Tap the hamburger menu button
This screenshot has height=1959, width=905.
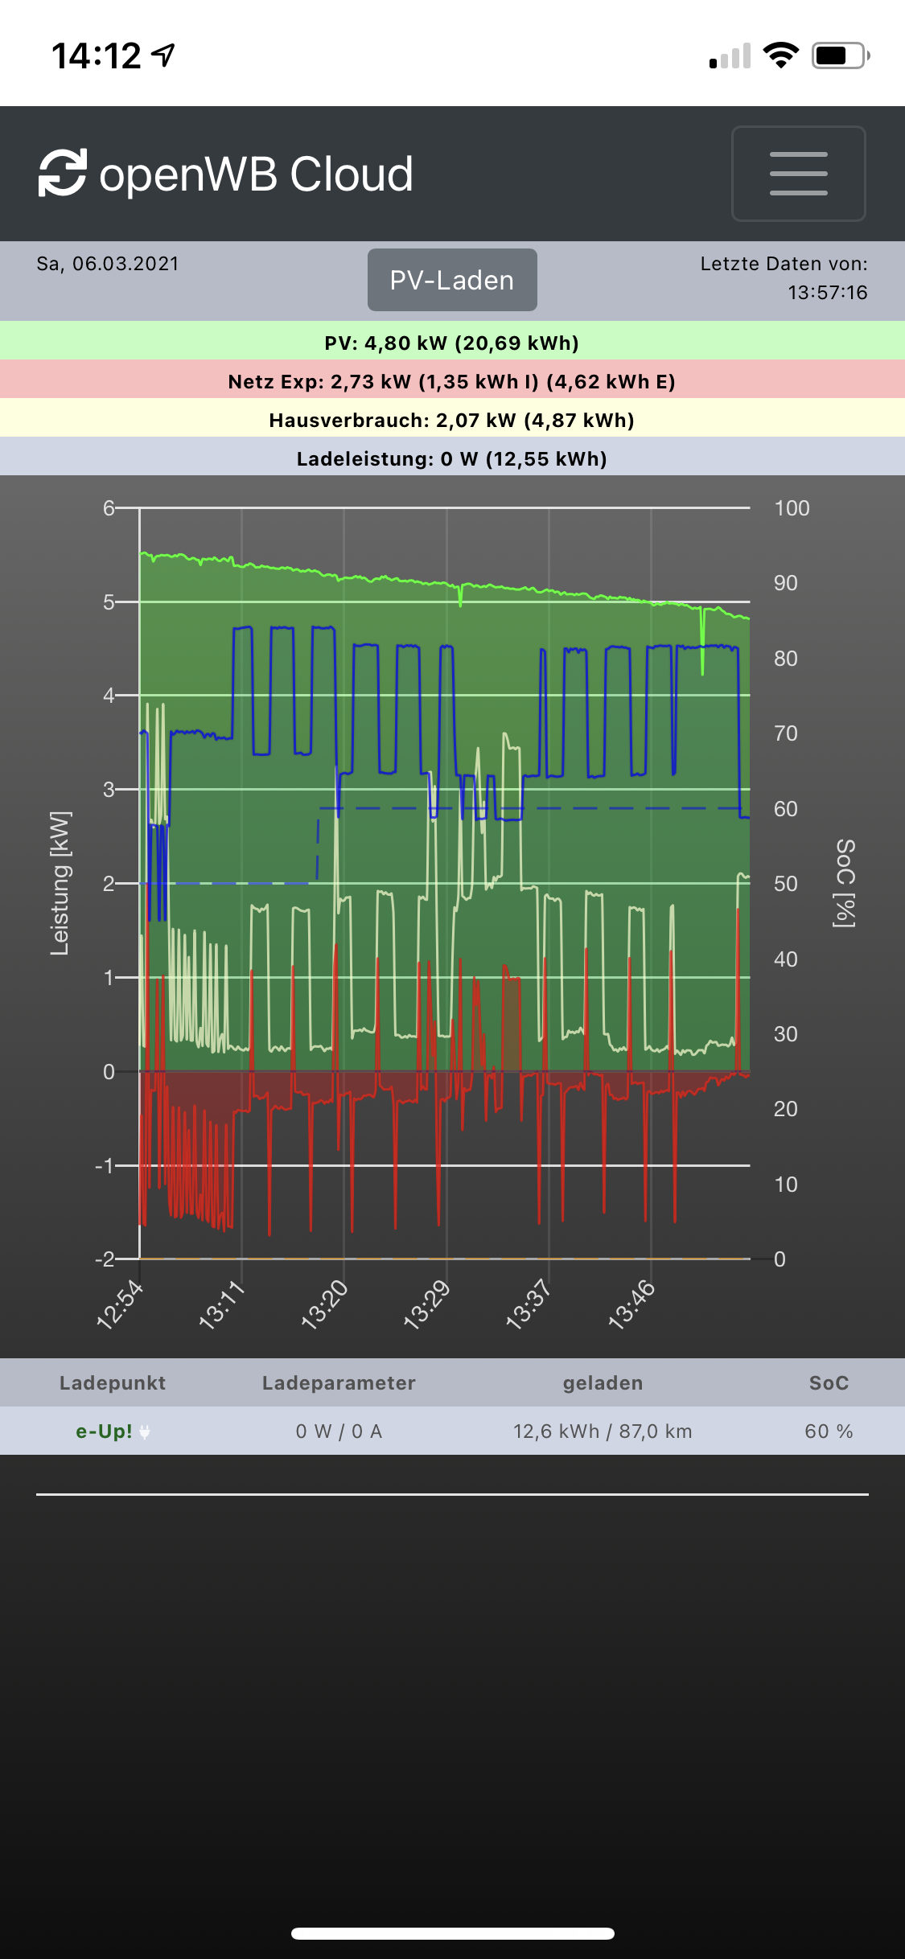point(798,173)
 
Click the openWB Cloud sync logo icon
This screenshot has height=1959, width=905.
point(63,173)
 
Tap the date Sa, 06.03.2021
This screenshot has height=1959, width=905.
point(108,264)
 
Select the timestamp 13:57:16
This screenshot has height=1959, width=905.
point(827,293)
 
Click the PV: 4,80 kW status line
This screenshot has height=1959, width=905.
point(452,343)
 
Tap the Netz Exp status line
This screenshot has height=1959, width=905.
point(452,382)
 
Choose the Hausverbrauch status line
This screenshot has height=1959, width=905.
point(452,421)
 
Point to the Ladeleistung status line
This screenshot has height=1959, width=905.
point(452,459)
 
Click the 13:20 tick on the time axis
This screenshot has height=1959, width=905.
point(325,1304)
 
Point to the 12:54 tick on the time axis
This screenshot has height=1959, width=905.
point(121,1304)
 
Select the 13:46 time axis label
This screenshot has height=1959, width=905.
point(632,1304)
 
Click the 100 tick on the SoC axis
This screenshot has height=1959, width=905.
point(792,508)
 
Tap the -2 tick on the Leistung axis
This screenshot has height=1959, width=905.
point(105,1259)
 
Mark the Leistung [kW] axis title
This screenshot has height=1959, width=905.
point(60,883)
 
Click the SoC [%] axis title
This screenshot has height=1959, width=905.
point(845,883)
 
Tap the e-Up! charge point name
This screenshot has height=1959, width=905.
point(105,1431)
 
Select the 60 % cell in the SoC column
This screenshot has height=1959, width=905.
point(829,1431)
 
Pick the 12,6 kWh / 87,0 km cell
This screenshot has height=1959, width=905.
point(603,1431)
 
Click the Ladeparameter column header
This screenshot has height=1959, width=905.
point(339,1383)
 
